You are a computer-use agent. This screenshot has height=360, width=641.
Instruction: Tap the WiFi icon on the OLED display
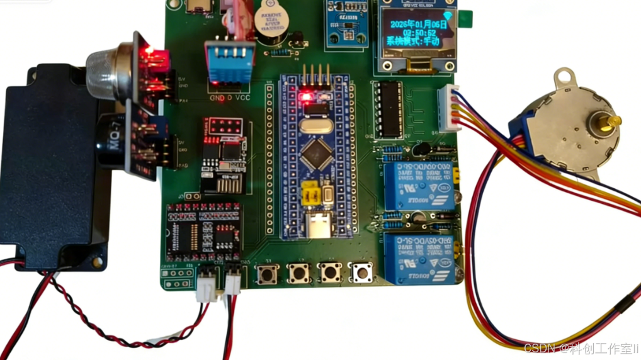(x=448, y=15)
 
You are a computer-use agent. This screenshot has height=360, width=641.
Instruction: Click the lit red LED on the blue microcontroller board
(x=307, y=97)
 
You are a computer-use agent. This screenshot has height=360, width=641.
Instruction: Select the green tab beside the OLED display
(x=467, y=20)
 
